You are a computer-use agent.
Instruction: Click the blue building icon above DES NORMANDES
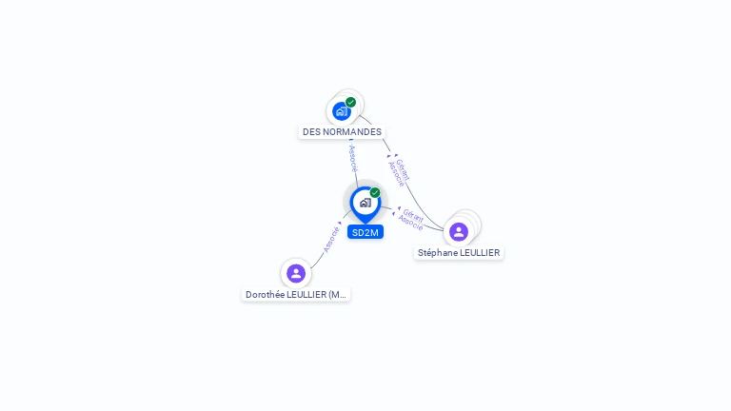342,111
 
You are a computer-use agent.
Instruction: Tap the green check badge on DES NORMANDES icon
350,102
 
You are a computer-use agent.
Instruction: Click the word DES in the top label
311,132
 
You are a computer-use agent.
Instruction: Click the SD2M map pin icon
365,205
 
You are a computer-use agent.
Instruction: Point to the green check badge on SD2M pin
375,192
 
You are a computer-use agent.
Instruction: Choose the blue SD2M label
365,232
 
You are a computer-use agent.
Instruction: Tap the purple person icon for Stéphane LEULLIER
459,231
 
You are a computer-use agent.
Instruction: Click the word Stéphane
437,252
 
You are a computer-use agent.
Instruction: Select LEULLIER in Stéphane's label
480,252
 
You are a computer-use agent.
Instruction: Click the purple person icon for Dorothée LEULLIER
296,274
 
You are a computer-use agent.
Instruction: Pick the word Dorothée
265,295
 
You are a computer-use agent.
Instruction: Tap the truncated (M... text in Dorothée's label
337,295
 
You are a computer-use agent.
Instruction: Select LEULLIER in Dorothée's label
306,295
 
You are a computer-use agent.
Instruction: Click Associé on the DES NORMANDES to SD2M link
353,158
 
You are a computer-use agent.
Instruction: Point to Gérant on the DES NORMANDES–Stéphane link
403,169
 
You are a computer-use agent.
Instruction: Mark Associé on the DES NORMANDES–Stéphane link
396,174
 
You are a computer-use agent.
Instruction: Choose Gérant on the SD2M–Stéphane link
413,215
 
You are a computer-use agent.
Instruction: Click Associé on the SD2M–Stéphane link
411,223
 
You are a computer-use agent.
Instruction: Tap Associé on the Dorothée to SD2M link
331,239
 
